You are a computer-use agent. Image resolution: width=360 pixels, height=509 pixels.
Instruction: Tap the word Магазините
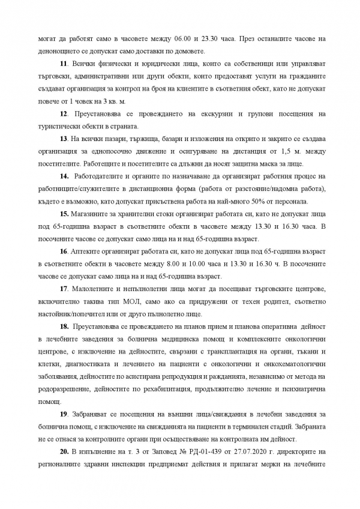(92, 214)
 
